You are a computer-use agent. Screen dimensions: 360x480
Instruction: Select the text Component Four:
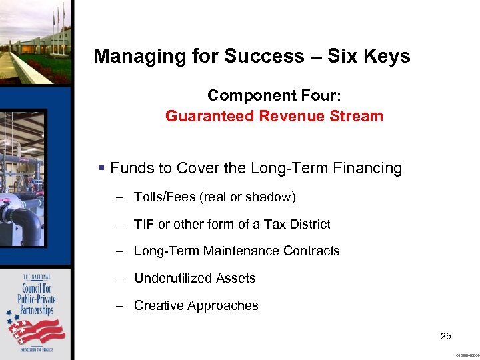(x=273, y=95)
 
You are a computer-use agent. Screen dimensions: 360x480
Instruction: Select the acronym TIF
(x=143, y=225)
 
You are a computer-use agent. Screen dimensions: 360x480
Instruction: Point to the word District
(x=307, y=225)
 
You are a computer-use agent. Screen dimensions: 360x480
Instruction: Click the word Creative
(x=158, y=306)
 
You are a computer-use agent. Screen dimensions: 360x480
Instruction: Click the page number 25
(x=446, y=336)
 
